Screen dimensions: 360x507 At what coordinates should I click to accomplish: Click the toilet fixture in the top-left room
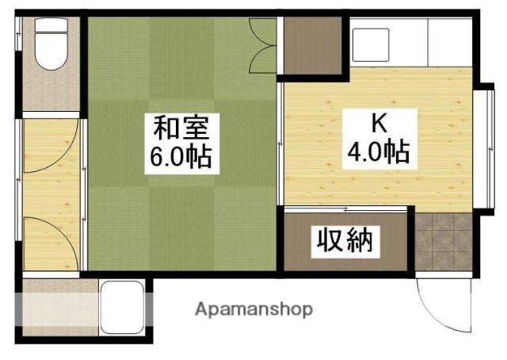tap(51, 50)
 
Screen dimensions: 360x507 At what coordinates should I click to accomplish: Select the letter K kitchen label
tap(377, 123)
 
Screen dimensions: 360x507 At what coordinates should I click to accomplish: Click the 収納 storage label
tap(345, 239)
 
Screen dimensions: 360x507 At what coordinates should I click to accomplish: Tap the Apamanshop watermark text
tap(253, 308)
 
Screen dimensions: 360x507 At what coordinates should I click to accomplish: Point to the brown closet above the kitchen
tap(311, 44)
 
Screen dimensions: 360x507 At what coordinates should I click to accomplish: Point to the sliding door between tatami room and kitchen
tap(280, 143)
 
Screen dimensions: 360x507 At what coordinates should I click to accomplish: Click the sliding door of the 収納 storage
tap(346, 209)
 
